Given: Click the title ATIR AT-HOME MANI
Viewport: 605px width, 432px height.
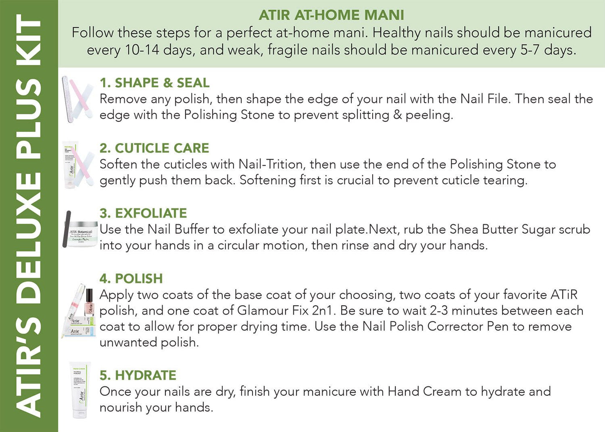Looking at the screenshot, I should click(331, 15).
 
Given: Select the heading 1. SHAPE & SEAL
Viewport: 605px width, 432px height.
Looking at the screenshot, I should click(154, 83).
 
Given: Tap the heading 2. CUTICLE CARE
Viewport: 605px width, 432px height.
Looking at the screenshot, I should click(154, 148).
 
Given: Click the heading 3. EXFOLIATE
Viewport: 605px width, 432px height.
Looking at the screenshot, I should click(143, 213).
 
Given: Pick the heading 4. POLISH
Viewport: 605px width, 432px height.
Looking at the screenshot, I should click(131, 279).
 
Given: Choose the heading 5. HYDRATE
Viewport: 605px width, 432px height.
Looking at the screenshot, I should click(138, 375).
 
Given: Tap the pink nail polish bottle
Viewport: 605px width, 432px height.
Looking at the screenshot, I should click(89, 302).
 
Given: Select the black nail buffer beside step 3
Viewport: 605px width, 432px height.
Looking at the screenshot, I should click(67, 229).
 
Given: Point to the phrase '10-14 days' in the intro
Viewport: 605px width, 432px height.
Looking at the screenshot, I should click(142, 50).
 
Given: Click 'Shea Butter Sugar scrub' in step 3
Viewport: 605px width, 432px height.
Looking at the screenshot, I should click(520, 230).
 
